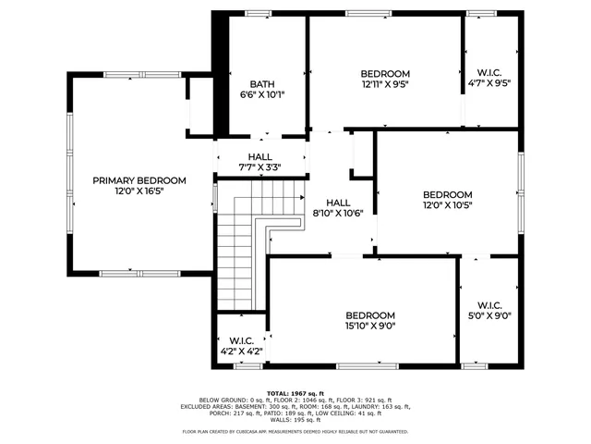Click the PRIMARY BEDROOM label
tap(139, 180)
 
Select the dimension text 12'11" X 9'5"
tap(384, 84)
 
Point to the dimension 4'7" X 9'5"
tap(489, 82)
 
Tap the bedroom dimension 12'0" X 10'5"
tap(448, 205)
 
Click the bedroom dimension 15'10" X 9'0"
tap(370, 326)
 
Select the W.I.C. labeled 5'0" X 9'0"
tap(489, 315)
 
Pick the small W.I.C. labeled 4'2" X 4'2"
tap(240, 351)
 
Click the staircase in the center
tap(238, 250)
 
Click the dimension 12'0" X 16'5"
tap(139, 191)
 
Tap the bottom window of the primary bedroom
tap(129, 273)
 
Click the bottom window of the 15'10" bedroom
tap(366, 367)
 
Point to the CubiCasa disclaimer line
tap(295, 431)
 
